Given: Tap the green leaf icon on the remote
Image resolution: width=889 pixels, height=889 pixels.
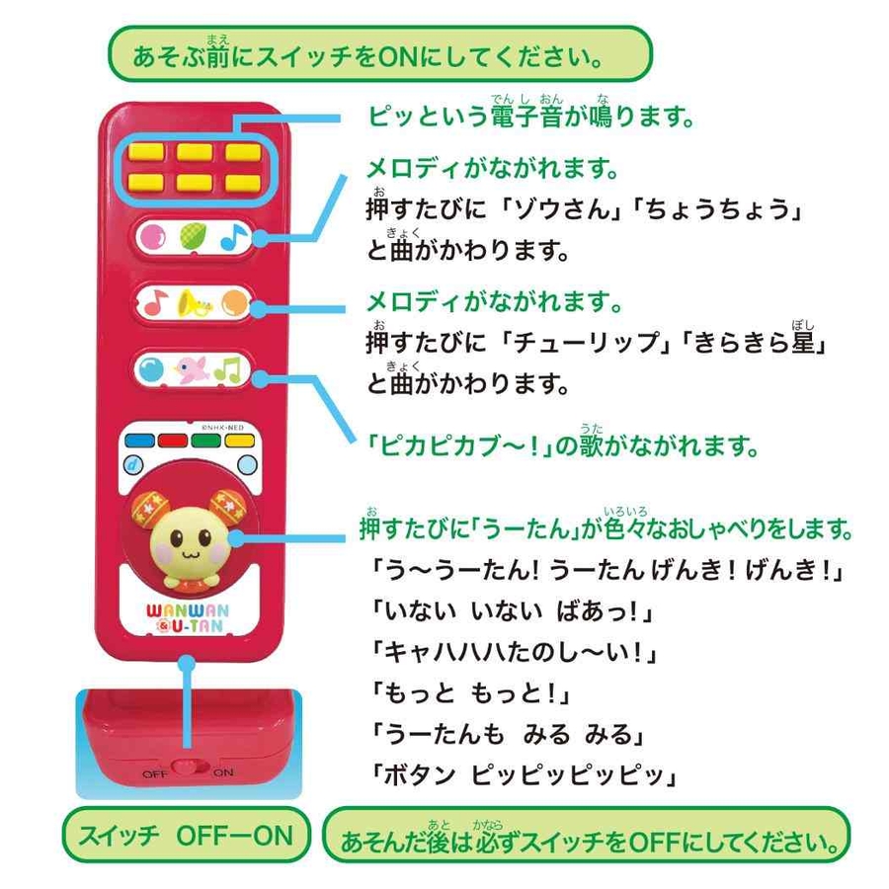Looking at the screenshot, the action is coord(194,236).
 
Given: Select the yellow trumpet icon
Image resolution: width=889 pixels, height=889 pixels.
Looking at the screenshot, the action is coord(193,304).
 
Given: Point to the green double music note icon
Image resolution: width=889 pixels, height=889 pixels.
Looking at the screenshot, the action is coord(228,369).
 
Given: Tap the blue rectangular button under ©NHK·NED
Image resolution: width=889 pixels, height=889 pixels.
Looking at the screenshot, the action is coord(139,441).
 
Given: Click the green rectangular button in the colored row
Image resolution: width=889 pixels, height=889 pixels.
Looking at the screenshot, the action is coord(206,441).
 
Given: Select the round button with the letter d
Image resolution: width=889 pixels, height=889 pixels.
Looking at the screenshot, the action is coord(133,465).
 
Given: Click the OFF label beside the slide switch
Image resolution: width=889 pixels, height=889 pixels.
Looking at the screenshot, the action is coord(154,773).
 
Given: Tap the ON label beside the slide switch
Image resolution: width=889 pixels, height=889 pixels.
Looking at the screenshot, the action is coord(223,772).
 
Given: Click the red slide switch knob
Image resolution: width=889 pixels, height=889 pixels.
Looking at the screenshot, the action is coord(185,768).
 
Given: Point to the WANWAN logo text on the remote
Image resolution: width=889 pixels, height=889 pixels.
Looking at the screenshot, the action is coord(188,611).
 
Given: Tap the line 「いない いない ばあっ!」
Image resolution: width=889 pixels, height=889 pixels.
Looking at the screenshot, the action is coord(512,611).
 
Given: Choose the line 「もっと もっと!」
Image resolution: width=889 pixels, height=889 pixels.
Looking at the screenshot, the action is coord(469,693).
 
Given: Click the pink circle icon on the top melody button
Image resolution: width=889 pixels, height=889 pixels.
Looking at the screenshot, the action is coord(152,236).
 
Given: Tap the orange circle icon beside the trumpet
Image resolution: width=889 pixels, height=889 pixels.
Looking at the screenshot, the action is coord(234,303).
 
